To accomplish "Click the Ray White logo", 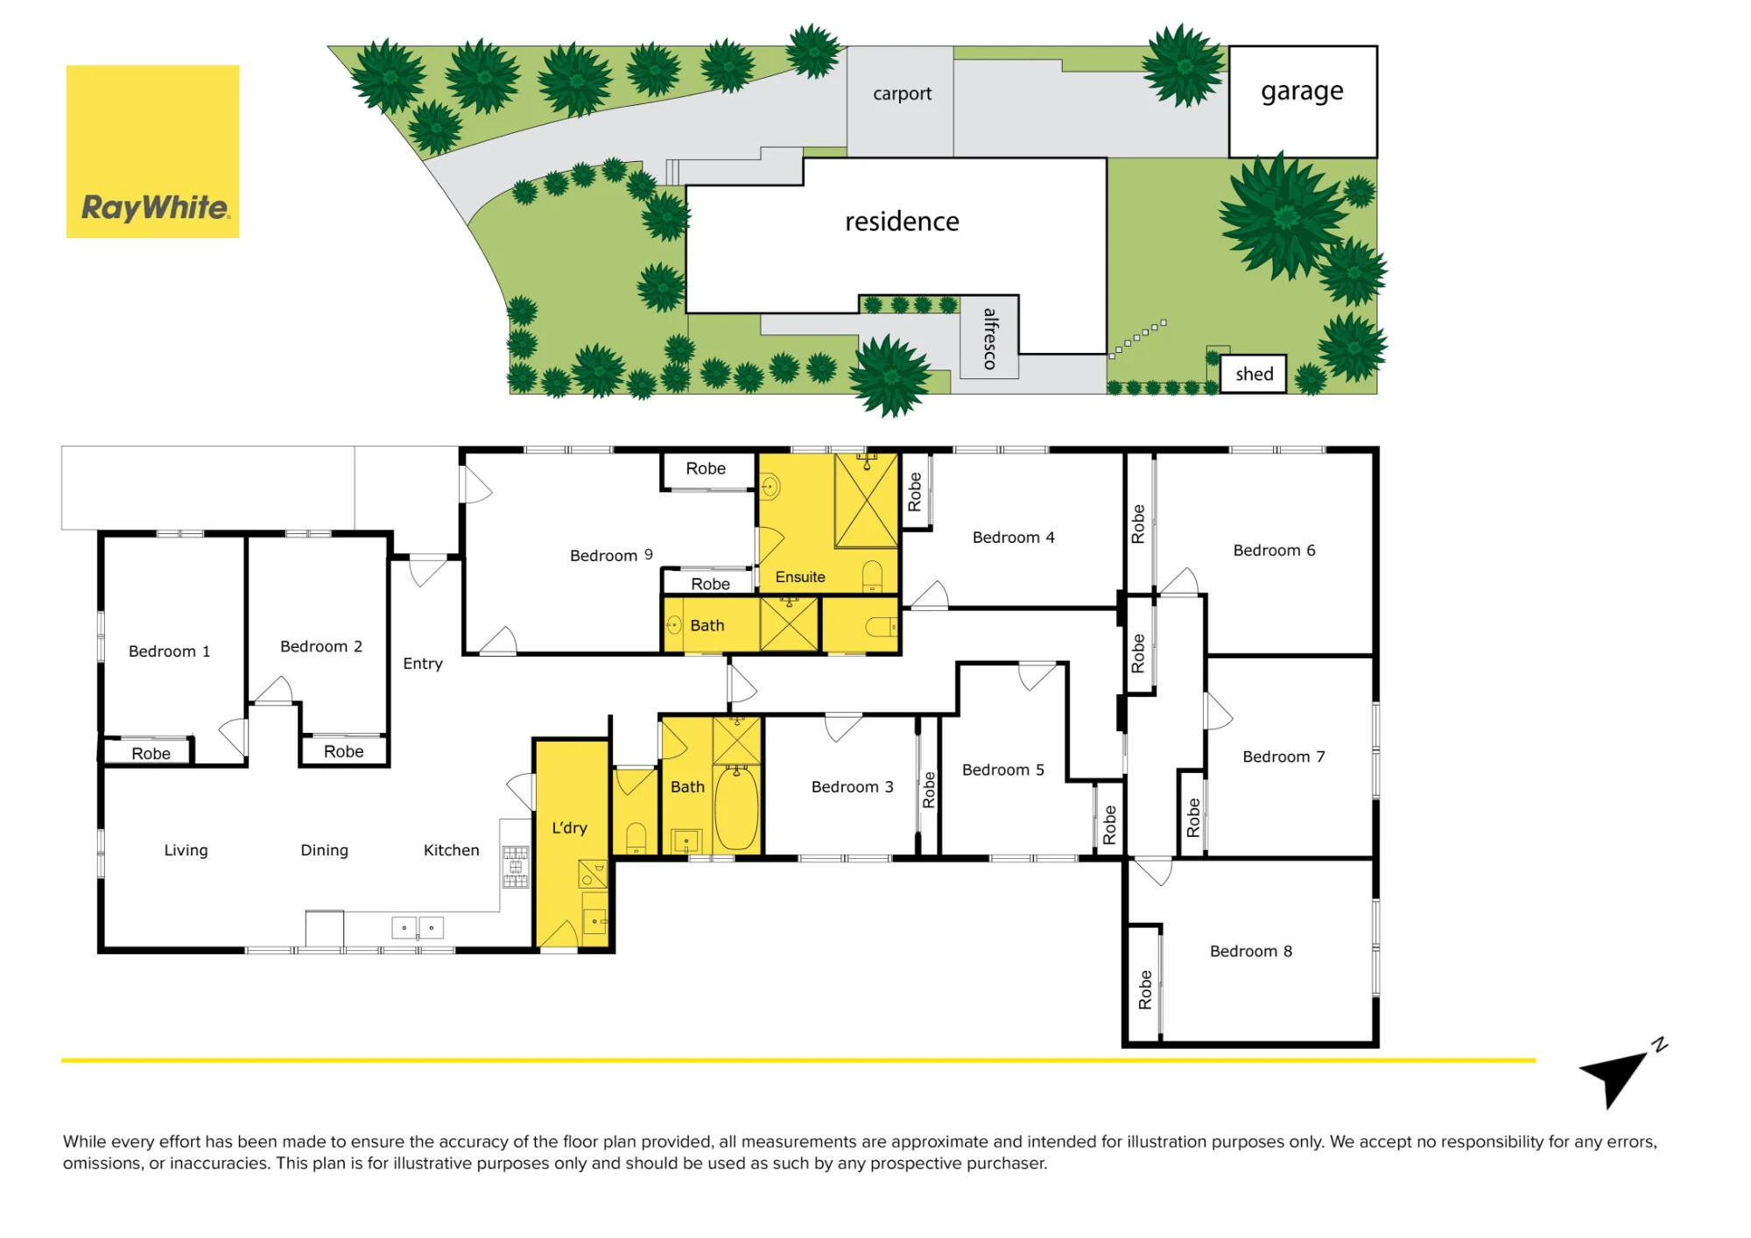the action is click(x=152, y=151).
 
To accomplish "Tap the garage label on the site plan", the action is click(x=1302, y=92).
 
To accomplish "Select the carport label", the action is click(x=902, y=94).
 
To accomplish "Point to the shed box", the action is click(x=1254, y=374).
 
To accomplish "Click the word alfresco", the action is click(x=990, y=338).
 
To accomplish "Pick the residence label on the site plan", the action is click(x=902, y=222).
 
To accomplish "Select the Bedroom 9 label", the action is click(x=611, y=555).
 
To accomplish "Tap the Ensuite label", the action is click(x=800, y=577).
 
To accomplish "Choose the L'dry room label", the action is click(x=569, y=827).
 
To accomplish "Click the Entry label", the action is click(x=423, y=664).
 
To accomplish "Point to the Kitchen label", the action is click(x=452, y=850).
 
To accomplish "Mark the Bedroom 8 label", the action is click(x=1251, y=951).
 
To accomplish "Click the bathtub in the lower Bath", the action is click(x=737, y=807).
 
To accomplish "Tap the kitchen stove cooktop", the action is click(x=516, y=867).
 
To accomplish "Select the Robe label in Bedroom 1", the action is click(x=151, y=753).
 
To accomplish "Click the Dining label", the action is click(x=325, y=850).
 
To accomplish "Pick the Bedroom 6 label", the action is click(x=1275, y=550).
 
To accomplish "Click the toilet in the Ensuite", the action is click(x=873, y=576).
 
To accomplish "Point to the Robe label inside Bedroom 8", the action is click(x=1145, y=989).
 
